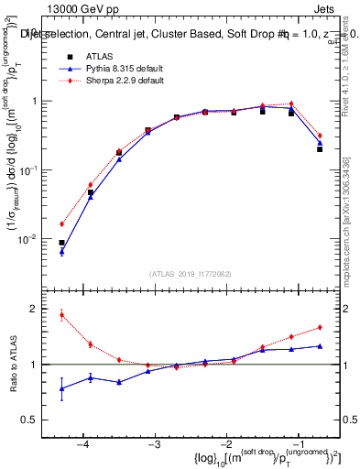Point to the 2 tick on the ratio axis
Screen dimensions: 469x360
[x=44, y=309]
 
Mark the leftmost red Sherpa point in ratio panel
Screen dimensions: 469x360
[x=61, y=315]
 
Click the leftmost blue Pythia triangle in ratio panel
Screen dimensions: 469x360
[x=61, y=388]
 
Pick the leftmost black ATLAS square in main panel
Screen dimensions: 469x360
[x=61, y=243]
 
